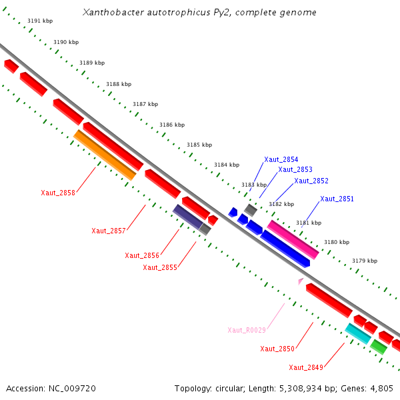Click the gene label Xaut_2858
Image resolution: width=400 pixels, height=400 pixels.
pyautogui.click(x=58, y=193)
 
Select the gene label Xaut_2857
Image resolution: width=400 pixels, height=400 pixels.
pyautogui.click(x=109, y=231)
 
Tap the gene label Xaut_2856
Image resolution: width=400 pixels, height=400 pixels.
pyautogui.click(x=142, y=255)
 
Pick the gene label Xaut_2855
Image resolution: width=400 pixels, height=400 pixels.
pyautogui.click(x=160, y=267)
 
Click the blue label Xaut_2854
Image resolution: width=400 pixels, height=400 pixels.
pyautogui.click(x=281, y=159)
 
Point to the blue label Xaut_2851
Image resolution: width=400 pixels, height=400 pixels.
pyautogui.click(x=337, y=199)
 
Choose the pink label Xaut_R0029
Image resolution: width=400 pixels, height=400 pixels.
pyautogui.click(x=247, y=330)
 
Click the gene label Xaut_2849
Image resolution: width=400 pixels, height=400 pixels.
pyautogui.click(x=306, y=367)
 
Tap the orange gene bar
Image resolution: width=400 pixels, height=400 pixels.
pyautogui.click(x=105, y=155)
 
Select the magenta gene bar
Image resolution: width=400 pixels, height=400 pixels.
pyautogui.click(x=293, y=239)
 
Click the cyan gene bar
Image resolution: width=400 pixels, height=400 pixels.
pyautogui.click(x=358, y=333)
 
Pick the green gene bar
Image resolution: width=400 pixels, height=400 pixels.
pyautogui.click(x=379, y=347)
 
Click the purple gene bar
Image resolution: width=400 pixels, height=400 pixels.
pyautogui.click(x=188, y=216)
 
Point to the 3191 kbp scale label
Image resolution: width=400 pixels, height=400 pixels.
pyautogui.click(x=40, y=21)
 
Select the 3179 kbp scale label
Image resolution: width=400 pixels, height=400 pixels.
pyautogui.click(x=365, y=261)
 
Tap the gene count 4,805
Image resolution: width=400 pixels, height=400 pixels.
pyautogui.click(x=382, y=388)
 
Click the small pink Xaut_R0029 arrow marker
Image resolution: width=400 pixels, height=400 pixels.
pyautogui.click(x=301, y=281)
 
